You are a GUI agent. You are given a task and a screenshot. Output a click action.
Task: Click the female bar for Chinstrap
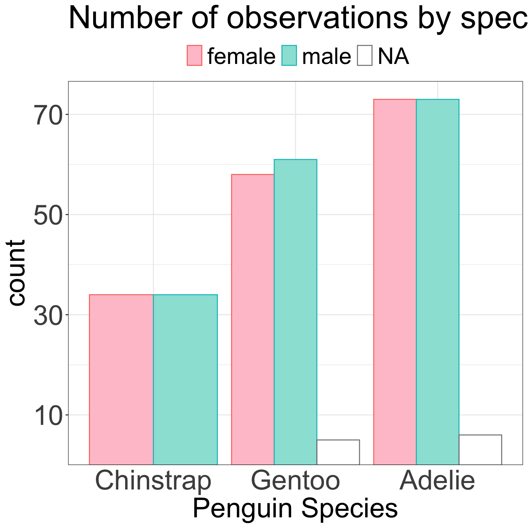[121, 379]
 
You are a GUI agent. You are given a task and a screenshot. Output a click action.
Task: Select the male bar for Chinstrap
[185, 379]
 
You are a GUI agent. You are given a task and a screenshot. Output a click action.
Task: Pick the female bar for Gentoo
[253, 319]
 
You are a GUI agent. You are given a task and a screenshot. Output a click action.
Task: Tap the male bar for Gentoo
[295, 312]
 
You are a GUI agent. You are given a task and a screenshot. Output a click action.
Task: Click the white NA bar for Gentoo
[338, 452]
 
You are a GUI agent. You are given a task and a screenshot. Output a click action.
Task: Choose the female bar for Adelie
[395, 282]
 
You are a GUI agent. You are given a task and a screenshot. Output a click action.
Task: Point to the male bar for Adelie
[437, 282]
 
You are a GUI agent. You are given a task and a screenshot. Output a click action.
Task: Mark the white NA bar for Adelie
[480, 450]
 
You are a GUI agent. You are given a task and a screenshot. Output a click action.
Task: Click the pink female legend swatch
[195, 55]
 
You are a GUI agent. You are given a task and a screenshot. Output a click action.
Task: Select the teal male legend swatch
[289, 55]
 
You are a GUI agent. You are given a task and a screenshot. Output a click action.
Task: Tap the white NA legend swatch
[365, 55]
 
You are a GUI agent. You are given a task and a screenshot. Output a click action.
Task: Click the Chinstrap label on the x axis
[153, 481]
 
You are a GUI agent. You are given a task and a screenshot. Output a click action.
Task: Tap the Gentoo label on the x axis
[296, 481]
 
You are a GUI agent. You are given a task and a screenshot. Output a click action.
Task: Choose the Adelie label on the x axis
[437, 480]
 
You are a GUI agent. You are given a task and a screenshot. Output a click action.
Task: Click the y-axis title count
[16, 272]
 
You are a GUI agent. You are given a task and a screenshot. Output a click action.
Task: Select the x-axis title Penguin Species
[295, 508]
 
